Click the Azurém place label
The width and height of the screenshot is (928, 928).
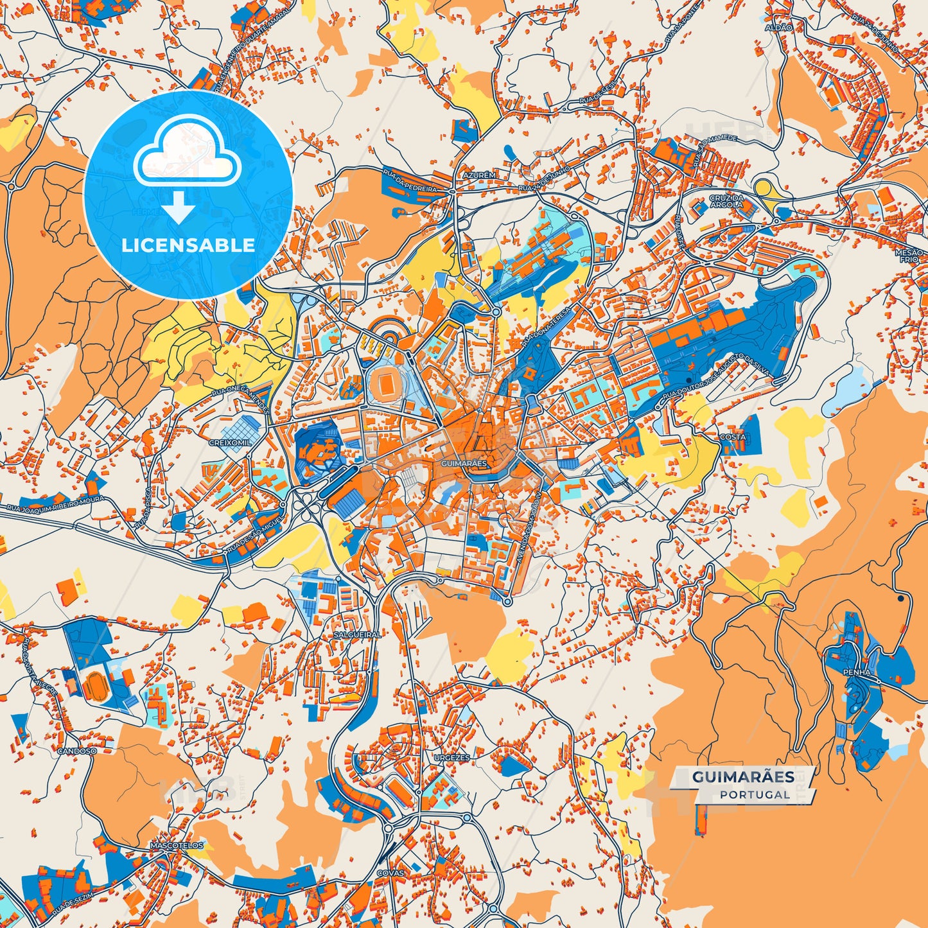click(x=478, y=175)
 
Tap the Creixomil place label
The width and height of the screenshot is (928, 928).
click(x=230, y=442)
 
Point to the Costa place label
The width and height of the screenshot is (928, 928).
click(x=732, y=437)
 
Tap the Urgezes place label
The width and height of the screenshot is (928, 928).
click(x=451, y=757)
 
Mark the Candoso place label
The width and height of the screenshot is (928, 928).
click(x=76, y=750)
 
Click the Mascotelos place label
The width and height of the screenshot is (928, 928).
click(x=177, y=845)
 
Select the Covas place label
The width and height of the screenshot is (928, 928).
click(x=390, y=873)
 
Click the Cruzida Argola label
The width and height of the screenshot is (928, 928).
click(x=726, y=202)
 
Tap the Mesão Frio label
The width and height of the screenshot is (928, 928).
click(x=909, y=256)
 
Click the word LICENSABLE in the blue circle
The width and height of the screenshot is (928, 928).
click(x=188, y=245)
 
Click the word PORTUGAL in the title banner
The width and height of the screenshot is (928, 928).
click(x=755, y=794)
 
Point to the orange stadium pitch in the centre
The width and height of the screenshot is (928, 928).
click(x=386, y=384)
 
